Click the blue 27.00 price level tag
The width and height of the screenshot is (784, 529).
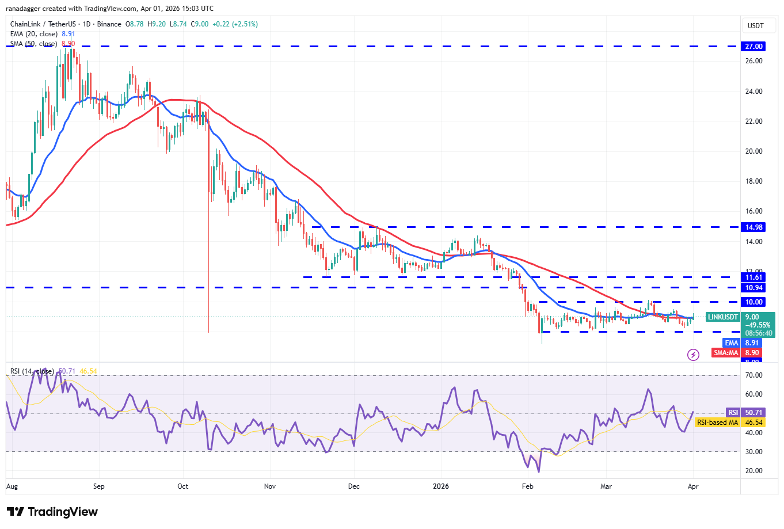click(x=753, y=47)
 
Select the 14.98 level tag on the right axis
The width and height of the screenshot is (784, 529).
click(x=753, y=227)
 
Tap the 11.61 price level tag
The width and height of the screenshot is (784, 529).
click(x=753, y=277)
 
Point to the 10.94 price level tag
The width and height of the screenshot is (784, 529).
click(x=753, y=288)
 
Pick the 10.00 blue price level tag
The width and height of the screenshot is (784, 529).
click(x=753, y=302)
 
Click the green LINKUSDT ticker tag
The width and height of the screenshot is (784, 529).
click(x=722, y=317)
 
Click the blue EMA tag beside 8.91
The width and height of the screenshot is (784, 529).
click(x=731, y=343)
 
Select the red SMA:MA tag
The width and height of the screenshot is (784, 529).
click(x=726, y=353)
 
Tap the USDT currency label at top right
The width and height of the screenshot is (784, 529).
click(x=755, y=26)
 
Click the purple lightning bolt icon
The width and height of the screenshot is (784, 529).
click(x=693, y=355)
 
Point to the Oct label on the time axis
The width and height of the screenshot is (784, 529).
click(x=182, y=486)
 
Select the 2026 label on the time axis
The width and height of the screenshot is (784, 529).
click(x=441, y=486)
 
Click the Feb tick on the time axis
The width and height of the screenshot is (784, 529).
click(x=527, y=486)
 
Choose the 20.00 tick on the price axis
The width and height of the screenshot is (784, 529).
click(x=753, y=151)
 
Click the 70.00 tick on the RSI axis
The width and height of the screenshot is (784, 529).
click(x=753, y=375)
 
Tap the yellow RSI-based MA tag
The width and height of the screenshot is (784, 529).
click(x=717, y=423)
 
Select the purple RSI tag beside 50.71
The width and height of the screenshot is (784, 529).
click(x=733, y=413)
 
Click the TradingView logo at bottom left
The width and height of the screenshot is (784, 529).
click(x=52, y=512)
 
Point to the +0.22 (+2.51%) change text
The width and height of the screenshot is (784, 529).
click(x=235, y=24)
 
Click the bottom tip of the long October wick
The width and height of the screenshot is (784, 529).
click(x=208, y=332)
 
